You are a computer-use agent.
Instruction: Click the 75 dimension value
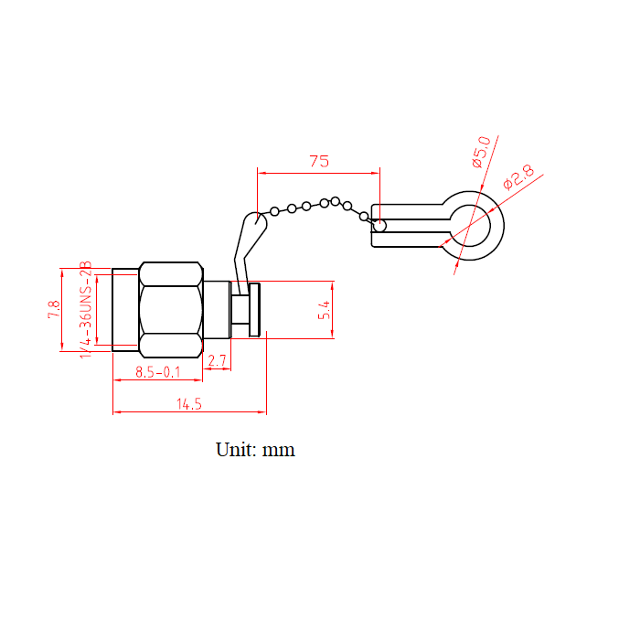click(318, 161)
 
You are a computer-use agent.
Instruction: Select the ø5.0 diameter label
click(481, 151)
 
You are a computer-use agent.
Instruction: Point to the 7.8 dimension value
click(54, 309)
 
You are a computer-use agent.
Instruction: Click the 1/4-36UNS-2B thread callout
click(87, 309)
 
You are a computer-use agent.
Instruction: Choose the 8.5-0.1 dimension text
click(157, 372)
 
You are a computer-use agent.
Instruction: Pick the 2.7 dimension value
click(217, 361)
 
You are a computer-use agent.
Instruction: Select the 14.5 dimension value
click(188, 403)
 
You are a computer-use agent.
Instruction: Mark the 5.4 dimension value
click(323, 310)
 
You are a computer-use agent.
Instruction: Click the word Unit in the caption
click(232, 450)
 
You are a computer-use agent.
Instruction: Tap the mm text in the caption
click(279, 450)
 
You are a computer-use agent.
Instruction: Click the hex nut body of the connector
click(170, 309)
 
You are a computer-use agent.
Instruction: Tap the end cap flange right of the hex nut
click(255, 310)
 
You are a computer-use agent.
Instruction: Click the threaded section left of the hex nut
click(125, 309)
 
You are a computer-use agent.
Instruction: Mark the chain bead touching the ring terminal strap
click(379, 225)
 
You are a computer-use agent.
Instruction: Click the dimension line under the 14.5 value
click(188, 413)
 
